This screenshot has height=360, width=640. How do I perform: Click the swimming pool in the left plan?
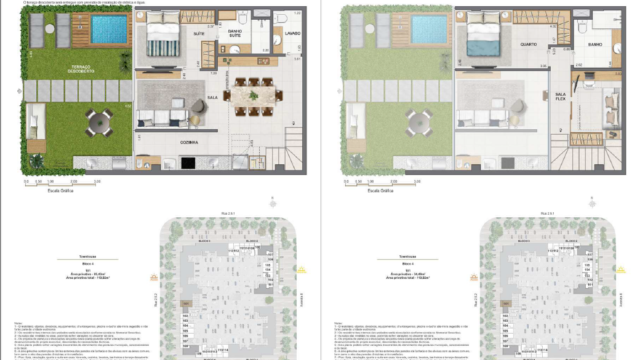108,30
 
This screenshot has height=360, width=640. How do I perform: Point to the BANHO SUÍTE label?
236,35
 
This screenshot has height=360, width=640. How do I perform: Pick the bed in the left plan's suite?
159,40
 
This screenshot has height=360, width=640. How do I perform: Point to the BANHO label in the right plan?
594,44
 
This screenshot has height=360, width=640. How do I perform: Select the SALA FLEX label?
561,96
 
